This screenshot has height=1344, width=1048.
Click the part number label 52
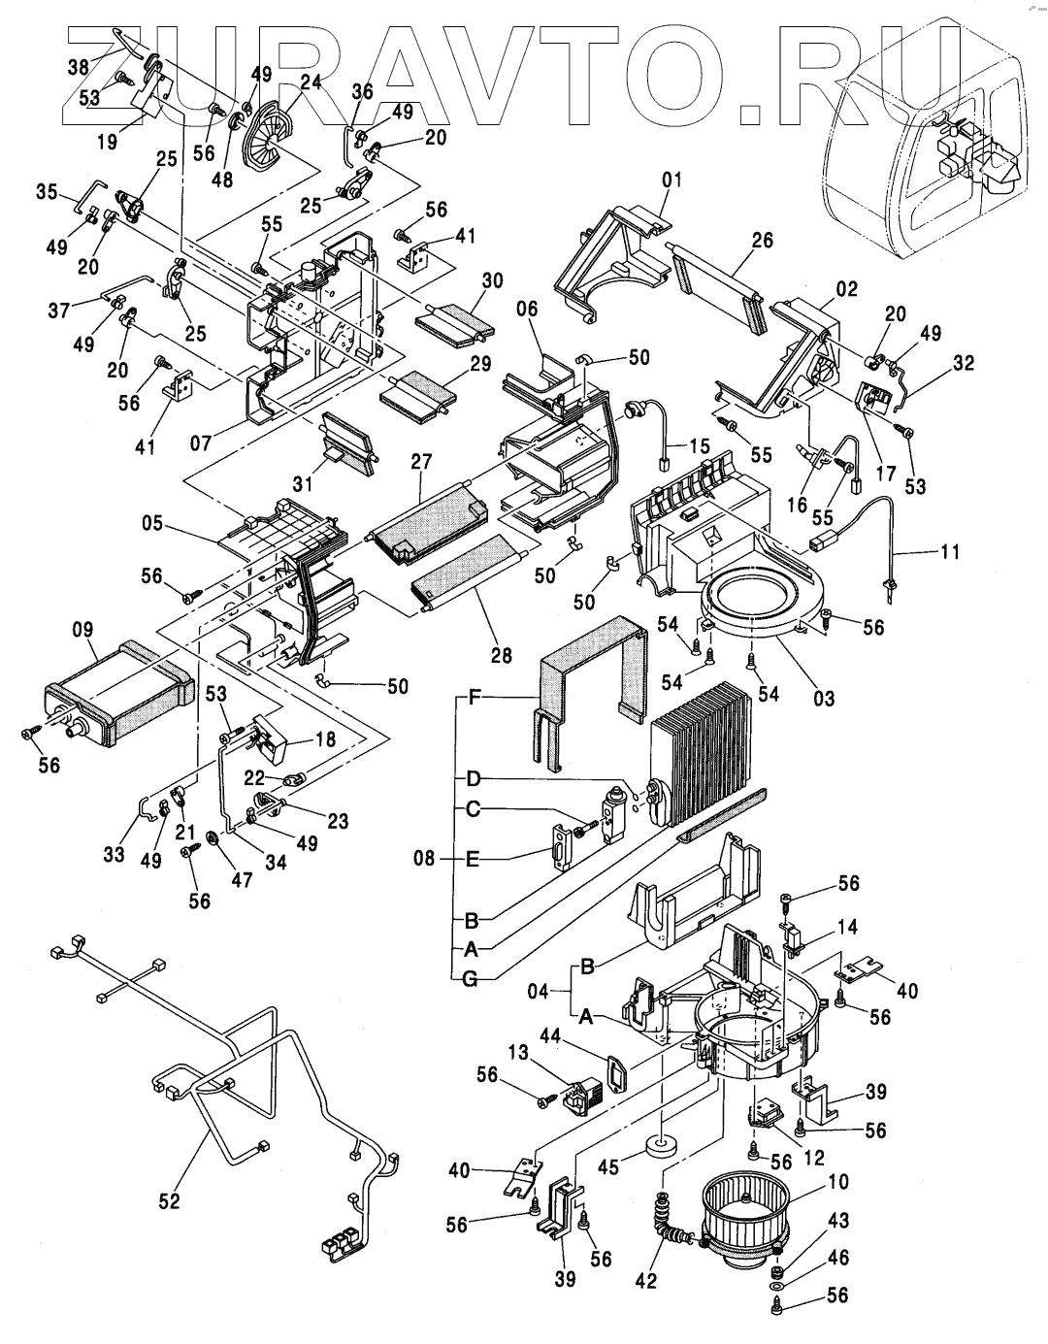(170, 1201)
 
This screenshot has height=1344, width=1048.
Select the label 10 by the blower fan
(838, 1182)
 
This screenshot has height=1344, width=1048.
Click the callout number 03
(824, 698)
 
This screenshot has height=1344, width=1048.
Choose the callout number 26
(763, 240)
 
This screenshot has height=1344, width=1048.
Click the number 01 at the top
(672, 180)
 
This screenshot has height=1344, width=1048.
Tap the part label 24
(311, 82)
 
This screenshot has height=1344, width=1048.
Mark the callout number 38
(78, 67)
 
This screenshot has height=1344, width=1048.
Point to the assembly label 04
(537, 992)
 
